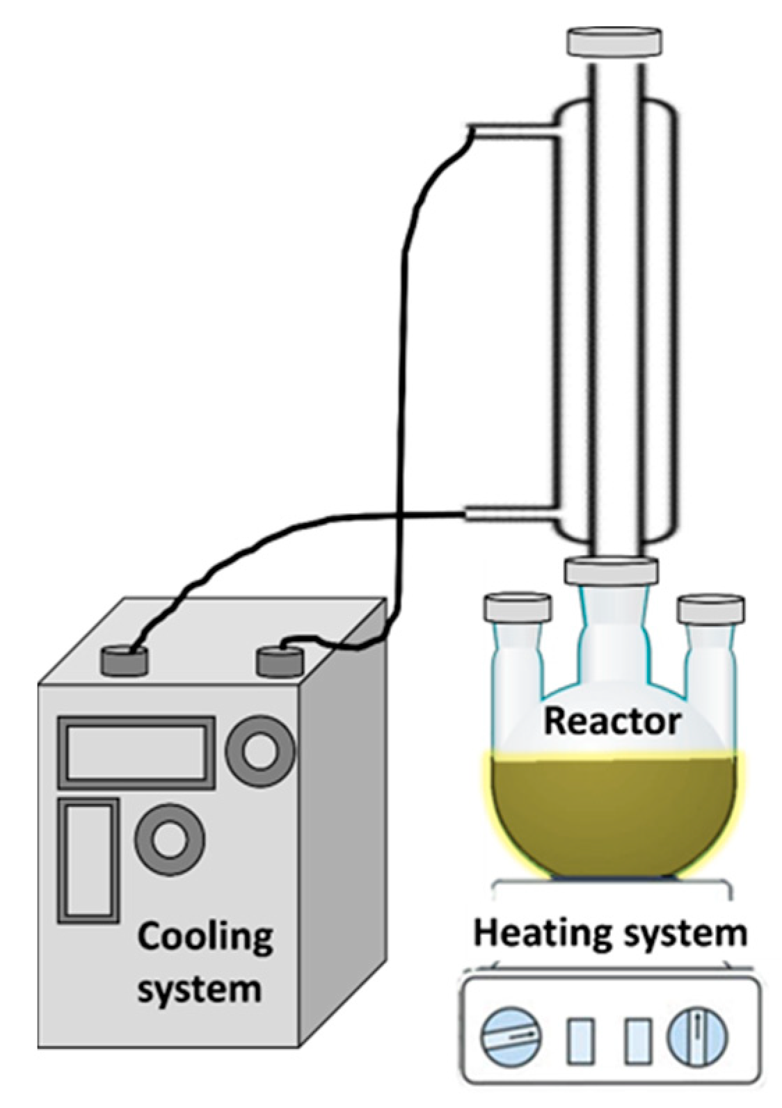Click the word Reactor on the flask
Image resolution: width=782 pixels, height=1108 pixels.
point(611,721)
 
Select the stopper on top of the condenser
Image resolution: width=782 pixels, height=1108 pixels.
point(614,42)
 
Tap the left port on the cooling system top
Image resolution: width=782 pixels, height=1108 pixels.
point(125,659)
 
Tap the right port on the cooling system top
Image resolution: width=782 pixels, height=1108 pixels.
point(281,658)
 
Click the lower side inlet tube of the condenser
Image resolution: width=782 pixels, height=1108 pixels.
point(511,513)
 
